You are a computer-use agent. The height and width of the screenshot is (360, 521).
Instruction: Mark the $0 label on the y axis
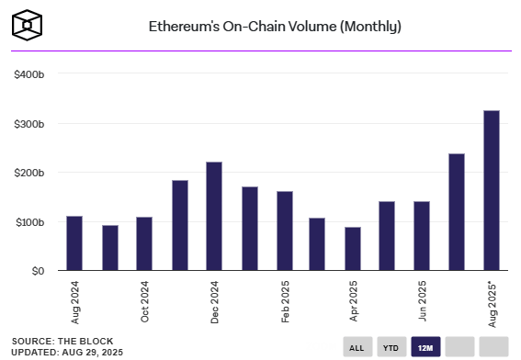tap(36, 271)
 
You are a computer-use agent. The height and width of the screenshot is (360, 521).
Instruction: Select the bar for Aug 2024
tap(74, 243)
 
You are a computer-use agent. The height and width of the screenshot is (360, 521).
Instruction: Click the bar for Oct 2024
tap(144, 244)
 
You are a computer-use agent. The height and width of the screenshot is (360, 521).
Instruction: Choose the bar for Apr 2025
tap(353, 249)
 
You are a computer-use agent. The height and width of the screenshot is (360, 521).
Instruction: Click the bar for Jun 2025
tap(423, 236)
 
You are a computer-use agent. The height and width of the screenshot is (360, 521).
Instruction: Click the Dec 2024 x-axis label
tap(214, 301)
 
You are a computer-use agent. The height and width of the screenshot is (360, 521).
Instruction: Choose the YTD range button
tap(391, 347)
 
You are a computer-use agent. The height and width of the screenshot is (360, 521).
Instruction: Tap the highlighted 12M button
tap(425, 347)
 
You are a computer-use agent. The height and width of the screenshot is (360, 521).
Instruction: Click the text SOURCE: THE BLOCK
tap(58, 341)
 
